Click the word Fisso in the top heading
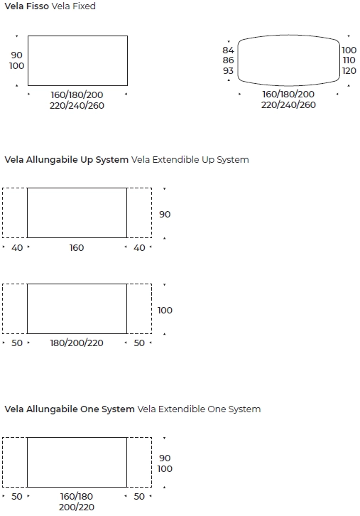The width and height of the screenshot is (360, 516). pos(37,6)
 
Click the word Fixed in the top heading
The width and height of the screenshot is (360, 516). pos(84,6)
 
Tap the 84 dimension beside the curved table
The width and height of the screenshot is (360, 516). pos(228,50)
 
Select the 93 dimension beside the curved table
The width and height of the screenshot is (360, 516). pos(228,70)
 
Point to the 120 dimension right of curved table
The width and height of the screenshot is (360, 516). pos(349,70)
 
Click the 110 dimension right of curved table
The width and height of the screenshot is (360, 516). pos(349,60)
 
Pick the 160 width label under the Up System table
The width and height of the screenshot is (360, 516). pos(77,247)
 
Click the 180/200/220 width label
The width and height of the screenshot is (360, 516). pos(77,343)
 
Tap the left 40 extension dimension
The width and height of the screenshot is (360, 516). pos(17,247)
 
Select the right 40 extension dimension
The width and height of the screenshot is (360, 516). pos(139,247)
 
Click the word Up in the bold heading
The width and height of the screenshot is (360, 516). pos(87,160)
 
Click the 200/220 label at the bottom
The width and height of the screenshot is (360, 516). pos(77,507)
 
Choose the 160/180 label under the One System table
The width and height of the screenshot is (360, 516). pos(77,496)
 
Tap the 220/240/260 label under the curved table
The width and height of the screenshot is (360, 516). pos(288,104)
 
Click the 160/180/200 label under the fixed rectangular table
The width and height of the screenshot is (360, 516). pos(77,95)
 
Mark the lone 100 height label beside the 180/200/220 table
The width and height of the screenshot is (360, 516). pos(165,310)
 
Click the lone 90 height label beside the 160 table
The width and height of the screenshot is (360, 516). pos(165,214)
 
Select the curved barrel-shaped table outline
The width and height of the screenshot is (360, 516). pos(289,35)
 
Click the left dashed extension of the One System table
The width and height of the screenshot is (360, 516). pos(3,462)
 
